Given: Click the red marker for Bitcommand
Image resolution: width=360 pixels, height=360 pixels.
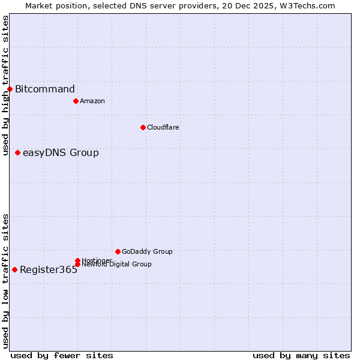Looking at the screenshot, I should (10, 89).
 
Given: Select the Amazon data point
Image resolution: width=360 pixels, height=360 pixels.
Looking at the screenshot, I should (76, 101).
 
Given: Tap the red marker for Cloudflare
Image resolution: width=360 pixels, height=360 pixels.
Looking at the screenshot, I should (143, 127).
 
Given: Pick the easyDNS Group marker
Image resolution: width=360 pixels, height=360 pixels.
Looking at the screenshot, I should (17, 153).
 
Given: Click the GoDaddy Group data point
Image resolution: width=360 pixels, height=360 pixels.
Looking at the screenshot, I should (118, 251).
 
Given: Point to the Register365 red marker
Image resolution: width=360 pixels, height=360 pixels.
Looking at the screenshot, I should (14, 269).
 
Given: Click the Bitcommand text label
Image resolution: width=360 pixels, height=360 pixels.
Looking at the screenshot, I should (45, 89).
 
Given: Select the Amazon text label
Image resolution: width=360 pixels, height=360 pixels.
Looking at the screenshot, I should (92, 101).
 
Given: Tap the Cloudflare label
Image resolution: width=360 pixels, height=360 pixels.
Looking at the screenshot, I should (163, 127).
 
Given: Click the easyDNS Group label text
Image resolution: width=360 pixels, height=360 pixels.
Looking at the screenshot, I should (61, 153).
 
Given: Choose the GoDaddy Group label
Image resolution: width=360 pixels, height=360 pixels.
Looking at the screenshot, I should (147, 251).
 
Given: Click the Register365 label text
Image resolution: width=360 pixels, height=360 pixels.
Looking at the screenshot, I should (49, 270).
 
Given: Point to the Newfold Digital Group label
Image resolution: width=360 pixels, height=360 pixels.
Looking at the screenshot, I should (116, 264).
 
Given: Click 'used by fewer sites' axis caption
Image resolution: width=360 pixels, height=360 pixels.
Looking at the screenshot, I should (62, 355).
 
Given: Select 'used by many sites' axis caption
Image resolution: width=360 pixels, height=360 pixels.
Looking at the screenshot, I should (301, 355).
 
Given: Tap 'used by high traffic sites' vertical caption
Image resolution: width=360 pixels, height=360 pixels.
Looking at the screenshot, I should (5, 86).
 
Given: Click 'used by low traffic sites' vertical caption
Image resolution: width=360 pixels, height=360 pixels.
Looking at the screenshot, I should (5, 281).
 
